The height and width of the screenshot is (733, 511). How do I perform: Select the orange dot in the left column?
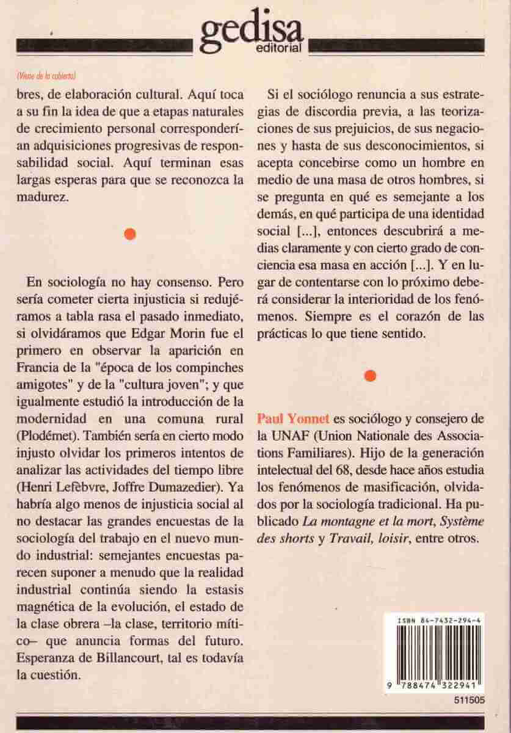pyautogui.click(x=129, y=234)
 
